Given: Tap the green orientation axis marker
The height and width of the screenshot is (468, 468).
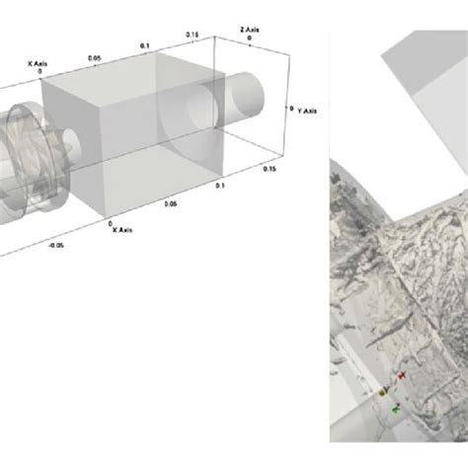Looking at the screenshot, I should click(394, 406).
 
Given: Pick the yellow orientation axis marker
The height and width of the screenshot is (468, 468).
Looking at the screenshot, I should click(381, 392).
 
